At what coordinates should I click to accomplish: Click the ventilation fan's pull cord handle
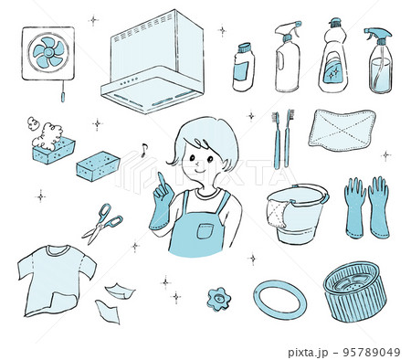(x=63, y=98)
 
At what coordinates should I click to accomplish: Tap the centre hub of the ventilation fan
(x=48, y=52)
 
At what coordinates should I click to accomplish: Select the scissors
(x=102, y=223)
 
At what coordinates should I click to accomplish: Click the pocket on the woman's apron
(x=204, y=231)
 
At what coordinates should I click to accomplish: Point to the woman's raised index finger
(x=161, y=180)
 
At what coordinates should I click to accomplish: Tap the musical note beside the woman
(x=143, y=150)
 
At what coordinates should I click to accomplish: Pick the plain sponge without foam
(x=98, y=165)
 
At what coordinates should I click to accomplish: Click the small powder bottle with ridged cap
(x=243, y=67)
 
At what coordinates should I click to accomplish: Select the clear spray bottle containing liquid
(x=379, y=60)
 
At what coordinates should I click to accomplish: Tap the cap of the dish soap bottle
(x=335, y=22)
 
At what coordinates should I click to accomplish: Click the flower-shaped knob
(x=218, y=299)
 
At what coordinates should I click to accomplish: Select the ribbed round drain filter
(x=354, y=291)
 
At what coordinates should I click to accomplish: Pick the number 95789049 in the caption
(x=372, y=353)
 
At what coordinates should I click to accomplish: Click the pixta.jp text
(x=308, y=353)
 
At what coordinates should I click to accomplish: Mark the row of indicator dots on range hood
(x=129, y=81)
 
